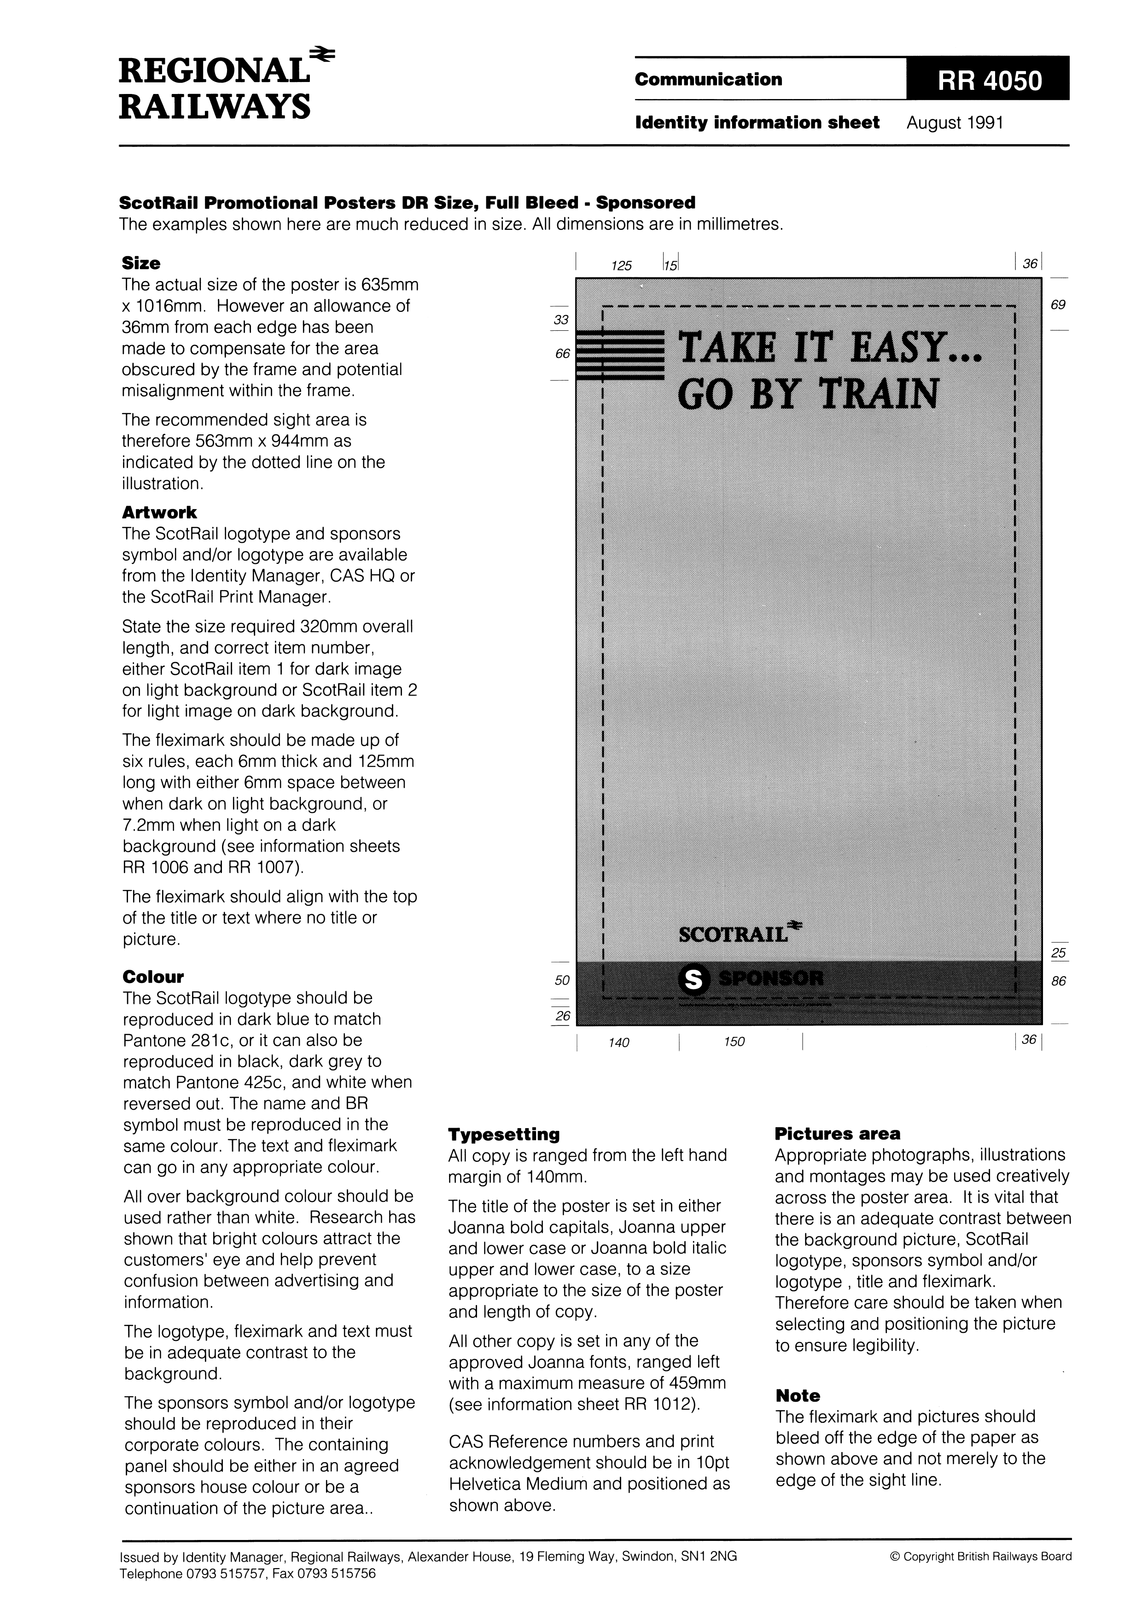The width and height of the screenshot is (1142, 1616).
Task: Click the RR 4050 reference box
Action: point(987,80)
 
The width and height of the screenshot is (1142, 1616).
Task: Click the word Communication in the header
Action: point(708,80)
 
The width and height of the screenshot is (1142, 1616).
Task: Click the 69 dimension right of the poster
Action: point(1058,305)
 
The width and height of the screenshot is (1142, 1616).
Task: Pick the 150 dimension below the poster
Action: point(734,1042)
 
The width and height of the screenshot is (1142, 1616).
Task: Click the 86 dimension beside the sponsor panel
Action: point(1058,981)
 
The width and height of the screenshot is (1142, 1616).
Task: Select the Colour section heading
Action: point(153,977)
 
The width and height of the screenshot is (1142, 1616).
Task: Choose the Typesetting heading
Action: point(504,1134)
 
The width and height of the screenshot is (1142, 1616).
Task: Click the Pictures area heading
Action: point(837,1133)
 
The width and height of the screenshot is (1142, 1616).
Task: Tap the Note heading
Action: point(798,1396)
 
